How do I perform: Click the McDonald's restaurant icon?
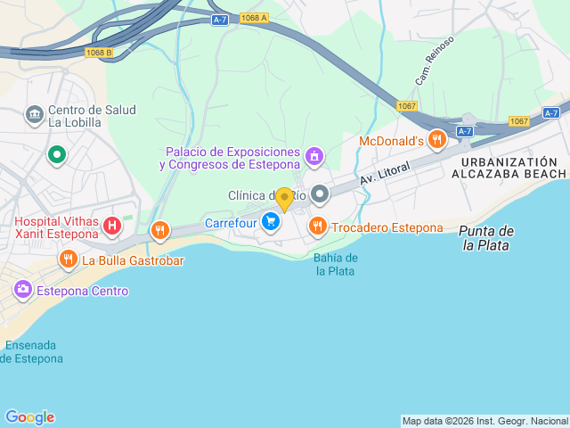tap(436, 140)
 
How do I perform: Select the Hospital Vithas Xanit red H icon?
tap(111, 226)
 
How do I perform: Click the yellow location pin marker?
tap(284, 200)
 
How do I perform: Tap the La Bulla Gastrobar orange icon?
tap(68, 260)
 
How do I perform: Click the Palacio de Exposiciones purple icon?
tap(313, 157)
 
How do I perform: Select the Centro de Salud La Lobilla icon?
tap(35, 115)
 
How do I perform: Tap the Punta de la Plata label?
tap(486, 238)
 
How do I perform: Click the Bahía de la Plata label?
tap(336, 264)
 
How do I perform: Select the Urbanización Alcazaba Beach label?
tap(513, 167)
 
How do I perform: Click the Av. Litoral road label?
tap(385, 173)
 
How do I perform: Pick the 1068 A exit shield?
tap(253, 18)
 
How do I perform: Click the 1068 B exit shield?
tap(100, 53)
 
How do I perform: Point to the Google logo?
tap(29, 417)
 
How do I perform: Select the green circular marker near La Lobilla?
tap(57, 155)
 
